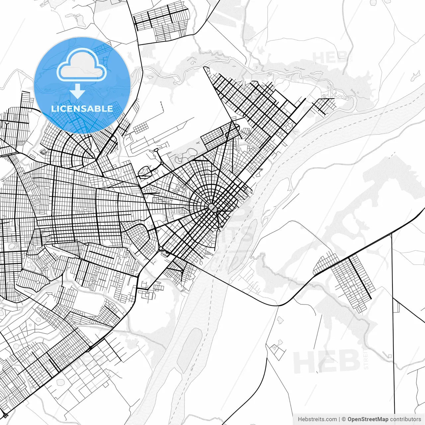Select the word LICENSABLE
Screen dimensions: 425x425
[x=82, y=109]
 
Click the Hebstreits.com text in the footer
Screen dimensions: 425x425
[x=317, y=419]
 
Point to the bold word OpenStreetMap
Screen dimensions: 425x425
[x=368, y=419]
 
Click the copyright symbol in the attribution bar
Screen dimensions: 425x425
[x=344, y=419]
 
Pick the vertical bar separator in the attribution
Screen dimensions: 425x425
[x=339, y=419]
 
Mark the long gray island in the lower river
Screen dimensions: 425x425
[x=190, y=349]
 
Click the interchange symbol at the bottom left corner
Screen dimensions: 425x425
[x=5, y=415]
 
